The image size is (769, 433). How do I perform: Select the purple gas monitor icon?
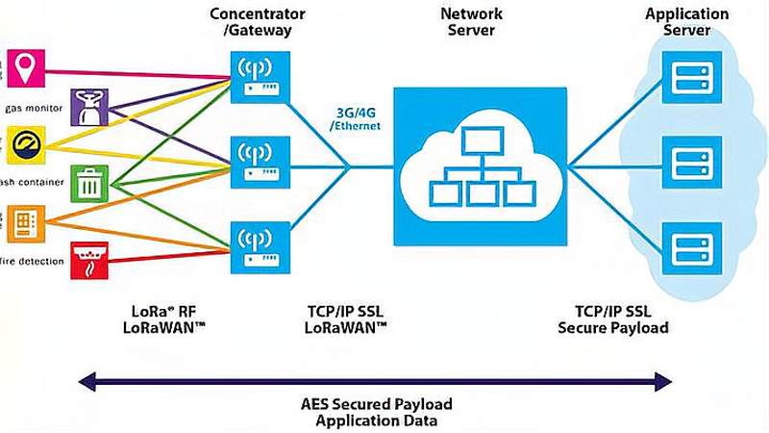coord(89,107)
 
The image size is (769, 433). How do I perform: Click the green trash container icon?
coord(89,181)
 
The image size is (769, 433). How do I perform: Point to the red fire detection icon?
coord(89,257)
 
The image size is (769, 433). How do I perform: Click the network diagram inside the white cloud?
coord(481,166)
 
